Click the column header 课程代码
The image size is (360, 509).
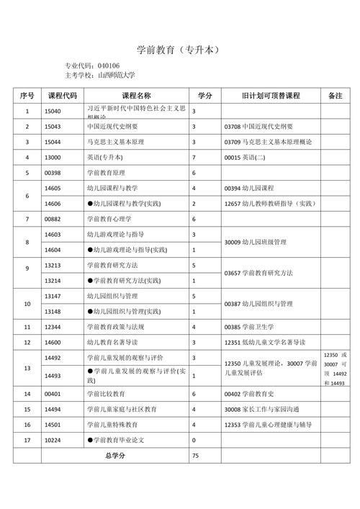[x=62, y=96]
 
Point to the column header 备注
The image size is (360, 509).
[x=335, y=96]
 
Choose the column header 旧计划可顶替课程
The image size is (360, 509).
[x=269, y=96]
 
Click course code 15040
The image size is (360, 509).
[x=53, y=112]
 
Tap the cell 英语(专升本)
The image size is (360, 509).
[x=104, y=157]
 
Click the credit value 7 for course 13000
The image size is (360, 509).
[x=194, y=157]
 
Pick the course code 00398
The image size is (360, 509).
[x=53, y=173]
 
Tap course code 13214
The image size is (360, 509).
[x=53, y=280]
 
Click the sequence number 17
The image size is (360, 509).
[x=27, y=439]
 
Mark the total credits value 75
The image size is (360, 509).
[x=195, y=456]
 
